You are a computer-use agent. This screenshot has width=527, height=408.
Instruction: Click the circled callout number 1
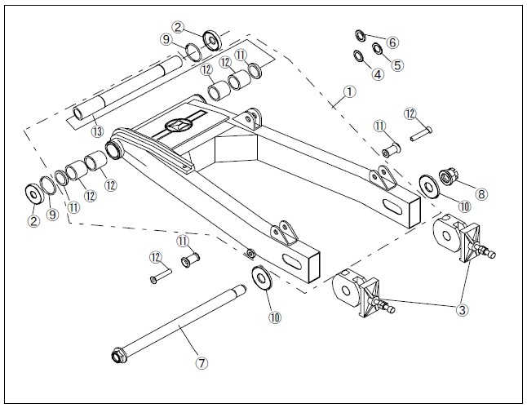(x=349, y=91)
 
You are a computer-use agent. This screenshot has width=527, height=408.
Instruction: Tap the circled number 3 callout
(x=462, y=310)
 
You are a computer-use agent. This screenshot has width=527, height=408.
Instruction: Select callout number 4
(x=378, y=74)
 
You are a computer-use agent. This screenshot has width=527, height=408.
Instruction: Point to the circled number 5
(x=397, y=64)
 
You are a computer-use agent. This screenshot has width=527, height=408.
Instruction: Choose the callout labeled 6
(x=392, y=42)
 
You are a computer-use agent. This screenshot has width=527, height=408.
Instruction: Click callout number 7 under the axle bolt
(x=201, y=363)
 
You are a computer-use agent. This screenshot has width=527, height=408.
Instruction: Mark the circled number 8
(x=481, y=194)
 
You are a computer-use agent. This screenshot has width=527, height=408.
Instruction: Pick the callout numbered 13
(x=97, y=131)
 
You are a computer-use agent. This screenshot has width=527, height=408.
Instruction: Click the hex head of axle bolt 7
(x=119, y=356)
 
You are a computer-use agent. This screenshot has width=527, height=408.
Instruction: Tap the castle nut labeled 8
(x=447, y=177)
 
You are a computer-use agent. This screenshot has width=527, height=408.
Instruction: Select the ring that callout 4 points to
(x=358, y=55)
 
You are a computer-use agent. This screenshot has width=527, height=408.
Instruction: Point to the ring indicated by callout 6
(x=361, y=35)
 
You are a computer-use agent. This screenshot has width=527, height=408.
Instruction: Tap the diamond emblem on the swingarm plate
(x=179, y=125)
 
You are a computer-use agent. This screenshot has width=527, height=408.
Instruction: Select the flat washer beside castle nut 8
(x=429, y=186)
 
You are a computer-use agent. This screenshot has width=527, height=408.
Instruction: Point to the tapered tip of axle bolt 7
(x=243, y=288)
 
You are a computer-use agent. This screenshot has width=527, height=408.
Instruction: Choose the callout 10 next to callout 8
(x=464, y=206)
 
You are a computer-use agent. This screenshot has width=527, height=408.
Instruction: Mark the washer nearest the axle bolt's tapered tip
(x=262, y=277)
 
